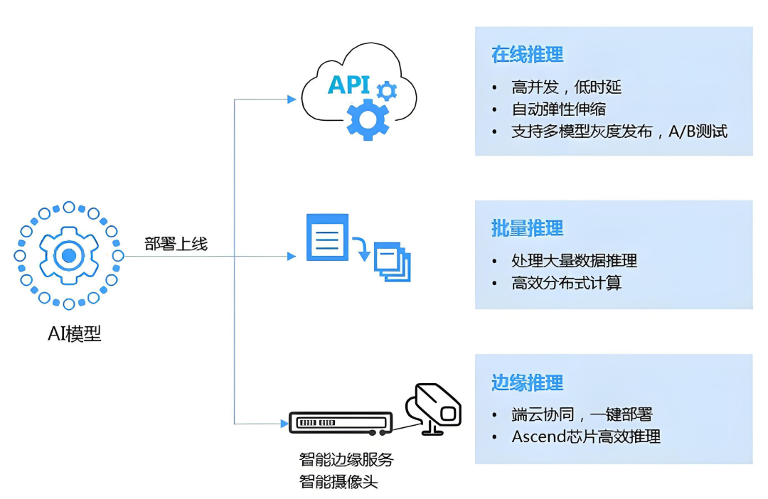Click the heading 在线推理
click(x=527, y=55)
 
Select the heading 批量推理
click(x=527, y=228)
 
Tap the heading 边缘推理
click(x=527, y=382)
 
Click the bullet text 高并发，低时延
click(x=567, y=87)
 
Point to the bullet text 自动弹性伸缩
click(x=558, y=109)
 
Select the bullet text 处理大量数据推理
click(x=574, y=260)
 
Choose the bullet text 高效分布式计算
click(x=567, y=283)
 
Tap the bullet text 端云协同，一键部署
click(x=582, y=414)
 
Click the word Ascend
click(x=537, y=436)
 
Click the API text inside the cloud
click(x=348, y=85)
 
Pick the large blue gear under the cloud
click(x=367, y=118)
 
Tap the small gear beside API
click(x=386, y=90)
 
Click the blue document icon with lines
click(x=327, y=237)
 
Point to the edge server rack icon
click(x=341, y=422)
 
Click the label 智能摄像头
click(x=338, y=482)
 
